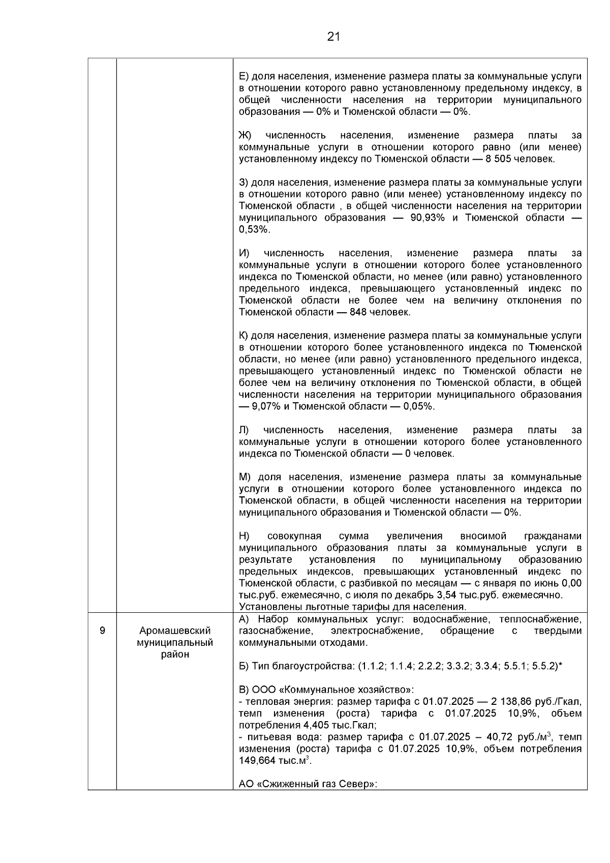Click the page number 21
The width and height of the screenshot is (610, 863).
coord(333,37)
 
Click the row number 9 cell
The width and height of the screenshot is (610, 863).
coord(102,631)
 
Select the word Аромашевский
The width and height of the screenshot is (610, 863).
coord(175,631)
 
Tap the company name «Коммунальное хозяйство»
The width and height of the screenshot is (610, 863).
coord(346,690)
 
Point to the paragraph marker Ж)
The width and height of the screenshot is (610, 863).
coord(245,136)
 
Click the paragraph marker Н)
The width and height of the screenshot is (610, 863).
coord(244,537)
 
